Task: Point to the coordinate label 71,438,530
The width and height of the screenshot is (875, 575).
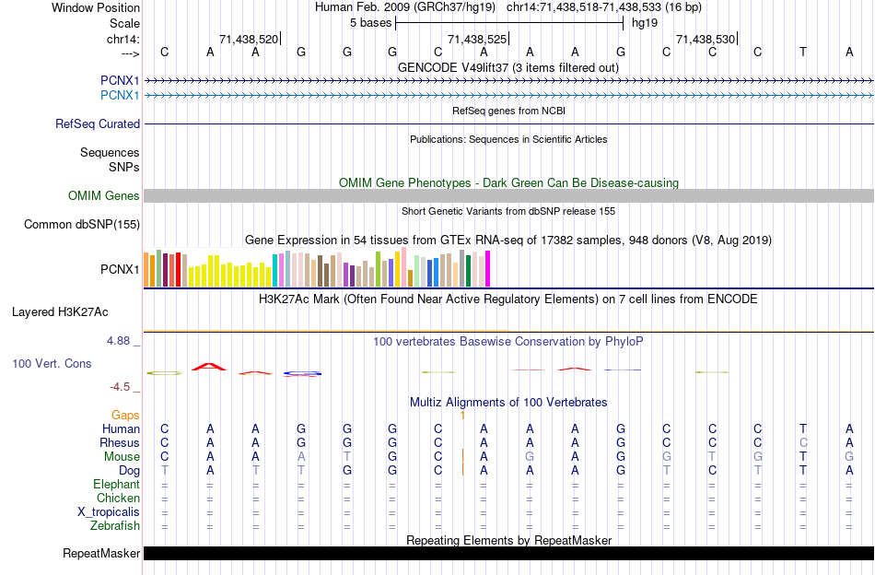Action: point(706,40)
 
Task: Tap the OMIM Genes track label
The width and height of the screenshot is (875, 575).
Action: point(104,195)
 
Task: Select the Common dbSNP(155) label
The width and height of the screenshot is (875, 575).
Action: point(82,224)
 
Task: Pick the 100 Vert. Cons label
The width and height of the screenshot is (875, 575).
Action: point(52,364)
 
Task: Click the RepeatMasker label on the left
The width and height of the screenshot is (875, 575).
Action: point(101,554)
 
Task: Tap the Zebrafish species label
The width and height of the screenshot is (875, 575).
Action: point(115,526)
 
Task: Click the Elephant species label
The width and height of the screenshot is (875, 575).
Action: point(116,485)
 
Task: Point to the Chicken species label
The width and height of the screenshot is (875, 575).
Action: point(118,499)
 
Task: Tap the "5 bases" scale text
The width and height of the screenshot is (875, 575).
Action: point(371,22)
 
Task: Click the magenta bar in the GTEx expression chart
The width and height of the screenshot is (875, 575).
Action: point(487,269)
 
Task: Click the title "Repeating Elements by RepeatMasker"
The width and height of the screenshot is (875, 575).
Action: point(508,540)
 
